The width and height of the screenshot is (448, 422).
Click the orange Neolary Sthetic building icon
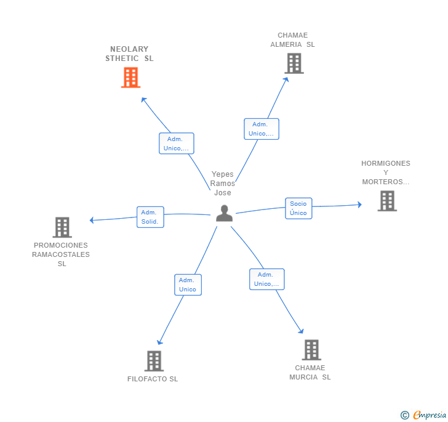130,78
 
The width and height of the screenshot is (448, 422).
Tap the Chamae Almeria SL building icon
294,63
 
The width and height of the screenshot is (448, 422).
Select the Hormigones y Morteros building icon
386,201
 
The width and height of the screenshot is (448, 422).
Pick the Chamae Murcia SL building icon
311,350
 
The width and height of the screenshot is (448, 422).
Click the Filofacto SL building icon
153,361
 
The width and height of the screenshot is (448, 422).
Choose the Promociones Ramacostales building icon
62,227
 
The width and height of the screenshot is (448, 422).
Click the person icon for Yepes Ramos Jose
224,213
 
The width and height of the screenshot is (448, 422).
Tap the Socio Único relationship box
298,208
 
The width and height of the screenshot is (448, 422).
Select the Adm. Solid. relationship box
150,217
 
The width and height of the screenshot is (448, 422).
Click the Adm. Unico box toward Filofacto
188,285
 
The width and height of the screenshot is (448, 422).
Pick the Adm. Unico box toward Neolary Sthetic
176,144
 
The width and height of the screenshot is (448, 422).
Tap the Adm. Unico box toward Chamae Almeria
261,129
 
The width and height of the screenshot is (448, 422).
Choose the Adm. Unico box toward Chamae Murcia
266,279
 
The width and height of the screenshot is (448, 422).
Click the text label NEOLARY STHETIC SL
129,54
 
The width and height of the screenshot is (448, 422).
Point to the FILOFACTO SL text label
153,379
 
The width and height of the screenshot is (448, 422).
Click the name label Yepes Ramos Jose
222,184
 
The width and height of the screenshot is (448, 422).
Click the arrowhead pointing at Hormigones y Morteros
359,205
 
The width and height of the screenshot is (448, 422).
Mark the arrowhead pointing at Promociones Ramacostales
92,220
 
